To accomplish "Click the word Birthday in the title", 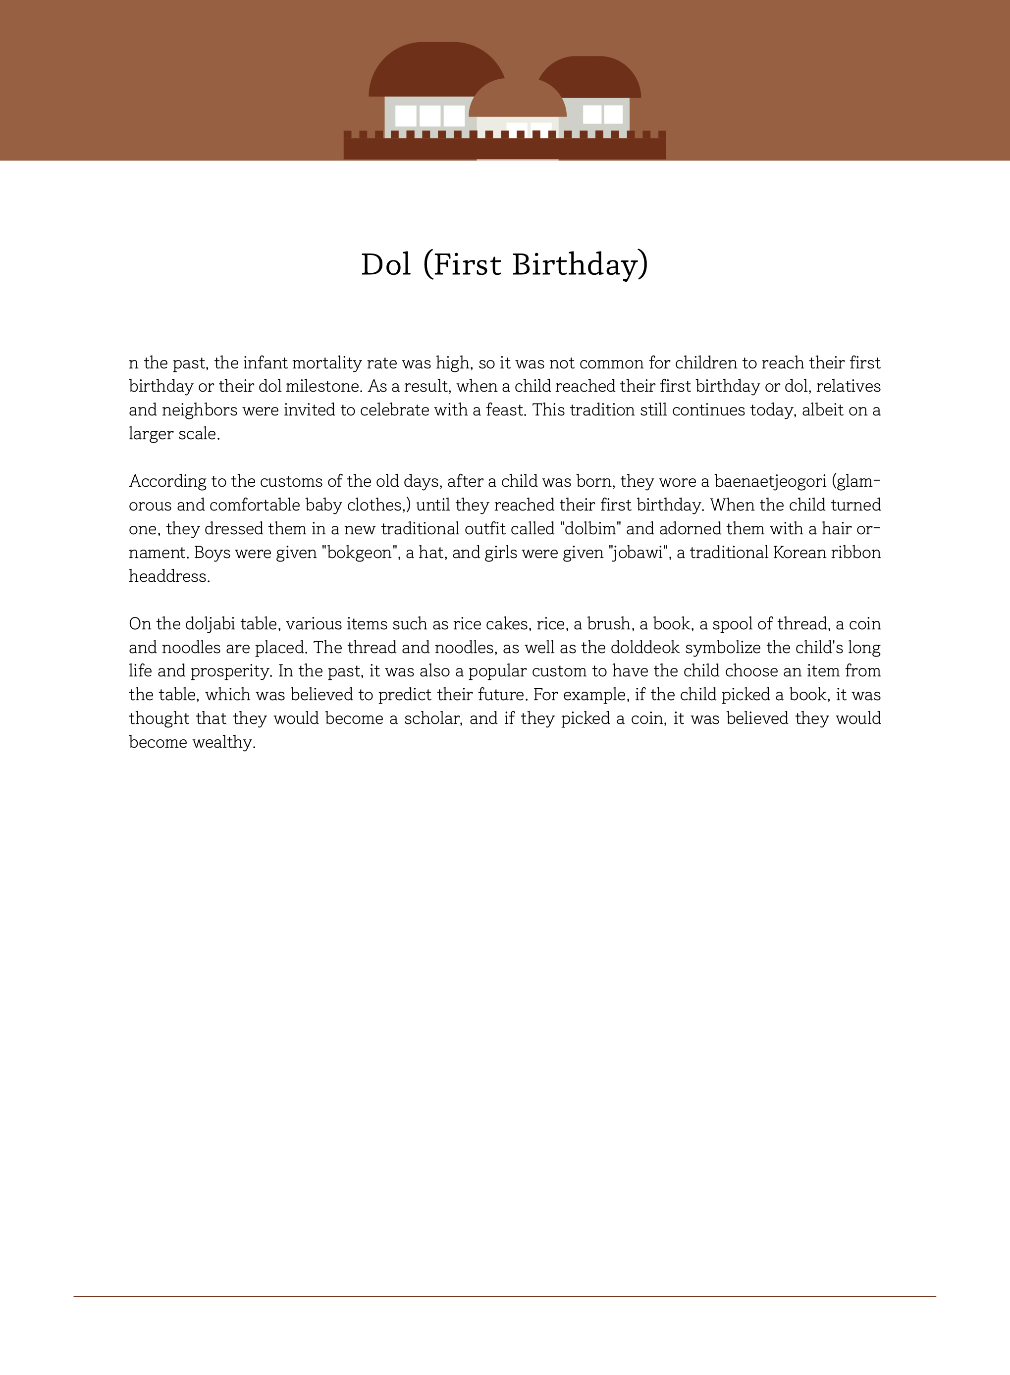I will click(x=580, y=265).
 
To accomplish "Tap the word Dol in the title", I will click(x=386, y=265).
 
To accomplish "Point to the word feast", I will click(x=506, y=410).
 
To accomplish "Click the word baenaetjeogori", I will click(x=770, y=482).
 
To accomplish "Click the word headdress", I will click(x=169, y=576).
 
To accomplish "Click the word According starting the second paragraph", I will click(x=167, y=482).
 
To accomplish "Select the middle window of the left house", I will click(x=430, y=115).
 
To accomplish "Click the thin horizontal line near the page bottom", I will click(x=505, y=1296).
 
